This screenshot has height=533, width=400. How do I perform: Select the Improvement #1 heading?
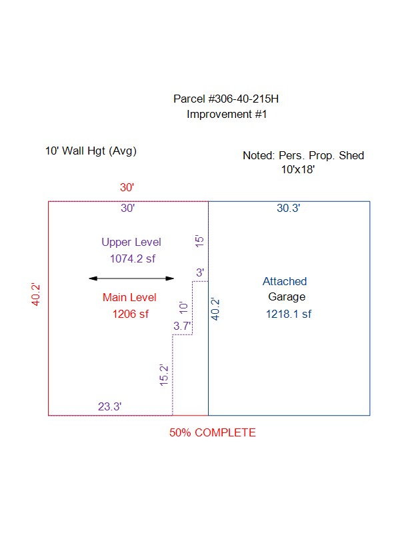[227, 114]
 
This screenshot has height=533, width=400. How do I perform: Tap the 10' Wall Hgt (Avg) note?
[91, 151]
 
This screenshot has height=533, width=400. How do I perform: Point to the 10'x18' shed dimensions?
[298, 169]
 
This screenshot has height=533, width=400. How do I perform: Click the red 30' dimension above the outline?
[127, 187]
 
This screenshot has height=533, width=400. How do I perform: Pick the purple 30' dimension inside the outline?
[127, 208]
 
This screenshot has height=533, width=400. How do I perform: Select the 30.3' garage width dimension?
[289, 208]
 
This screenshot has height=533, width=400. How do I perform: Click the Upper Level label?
[131, 243]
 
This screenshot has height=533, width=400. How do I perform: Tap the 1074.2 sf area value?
[133, 259]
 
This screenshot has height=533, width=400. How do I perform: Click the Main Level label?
[129, 297]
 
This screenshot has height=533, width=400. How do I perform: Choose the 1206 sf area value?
[131, 314]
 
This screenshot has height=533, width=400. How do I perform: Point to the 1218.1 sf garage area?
[289, 314]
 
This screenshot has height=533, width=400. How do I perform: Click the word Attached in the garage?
[285, 281]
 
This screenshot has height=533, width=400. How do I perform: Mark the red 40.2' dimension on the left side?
[36, 294]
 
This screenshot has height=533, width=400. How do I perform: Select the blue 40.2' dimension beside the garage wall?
[215, 309]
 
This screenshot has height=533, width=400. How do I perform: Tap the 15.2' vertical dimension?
[164, 375]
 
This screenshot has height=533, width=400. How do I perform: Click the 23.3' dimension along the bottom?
[109, 406]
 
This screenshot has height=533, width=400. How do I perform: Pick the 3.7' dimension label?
[182, 326]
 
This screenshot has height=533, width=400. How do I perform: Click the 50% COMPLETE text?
[213, 432]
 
